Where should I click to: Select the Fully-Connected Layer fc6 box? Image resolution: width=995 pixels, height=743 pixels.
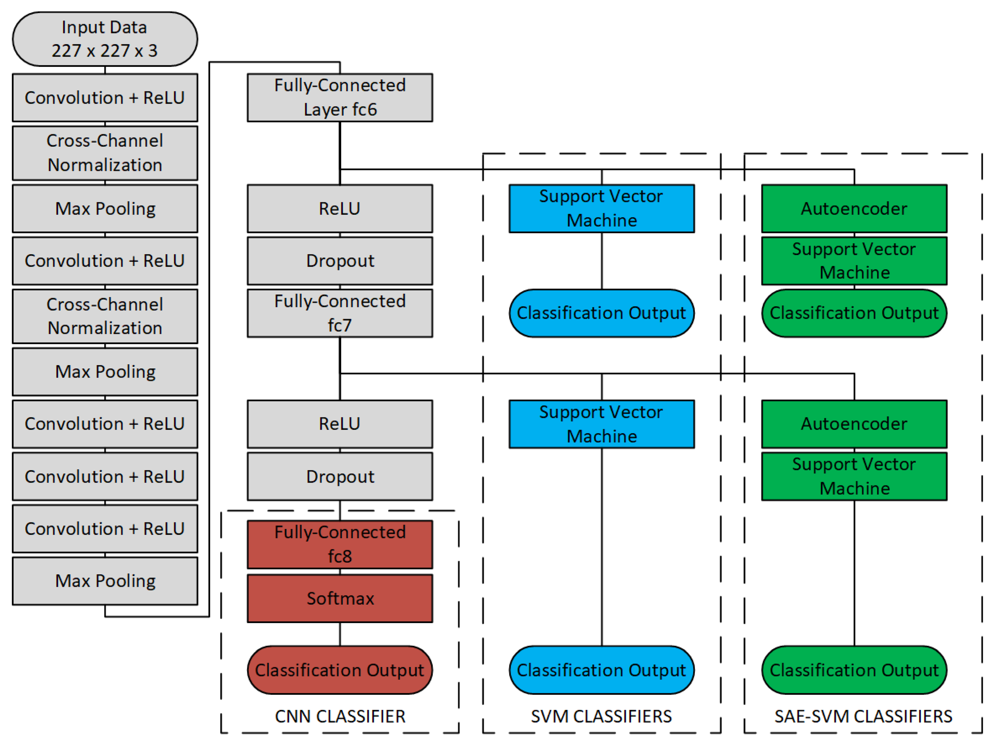tap(340, 97)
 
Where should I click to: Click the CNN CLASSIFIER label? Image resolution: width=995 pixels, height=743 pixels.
tap(340, 716)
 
